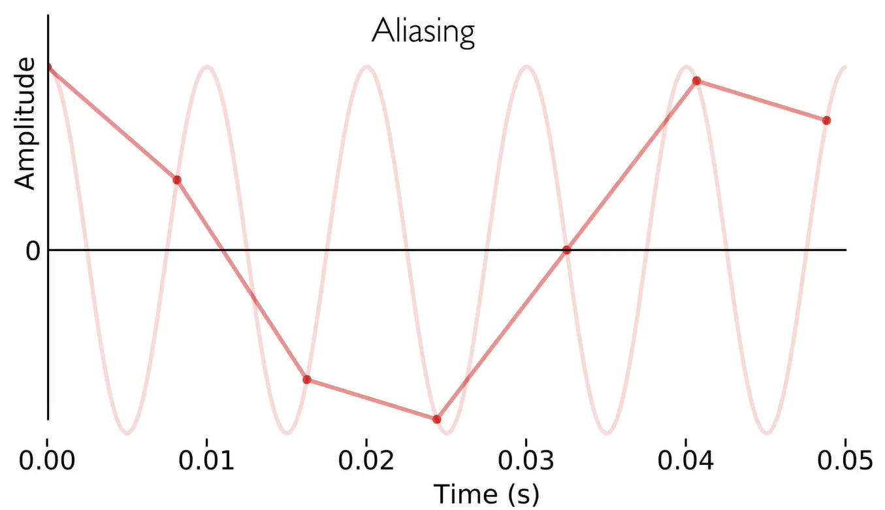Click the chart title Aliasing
[x=423, y=31]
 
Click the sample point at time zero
[x=49, y=67]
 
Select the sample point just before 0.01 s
[x=177, y=180]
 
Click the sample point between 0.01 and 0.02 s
[x=306, y=379]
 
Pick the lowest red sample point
[x=437, y=419]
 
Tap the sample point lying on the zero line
[x=567, y=250]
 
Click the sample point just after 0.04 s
[x=696, y=80]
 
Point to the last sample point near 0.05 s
[x=826, y=120]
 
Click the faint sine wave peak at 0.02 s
[x=367, y=67]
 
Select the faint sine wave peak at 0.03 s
[x=526, y=67]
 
